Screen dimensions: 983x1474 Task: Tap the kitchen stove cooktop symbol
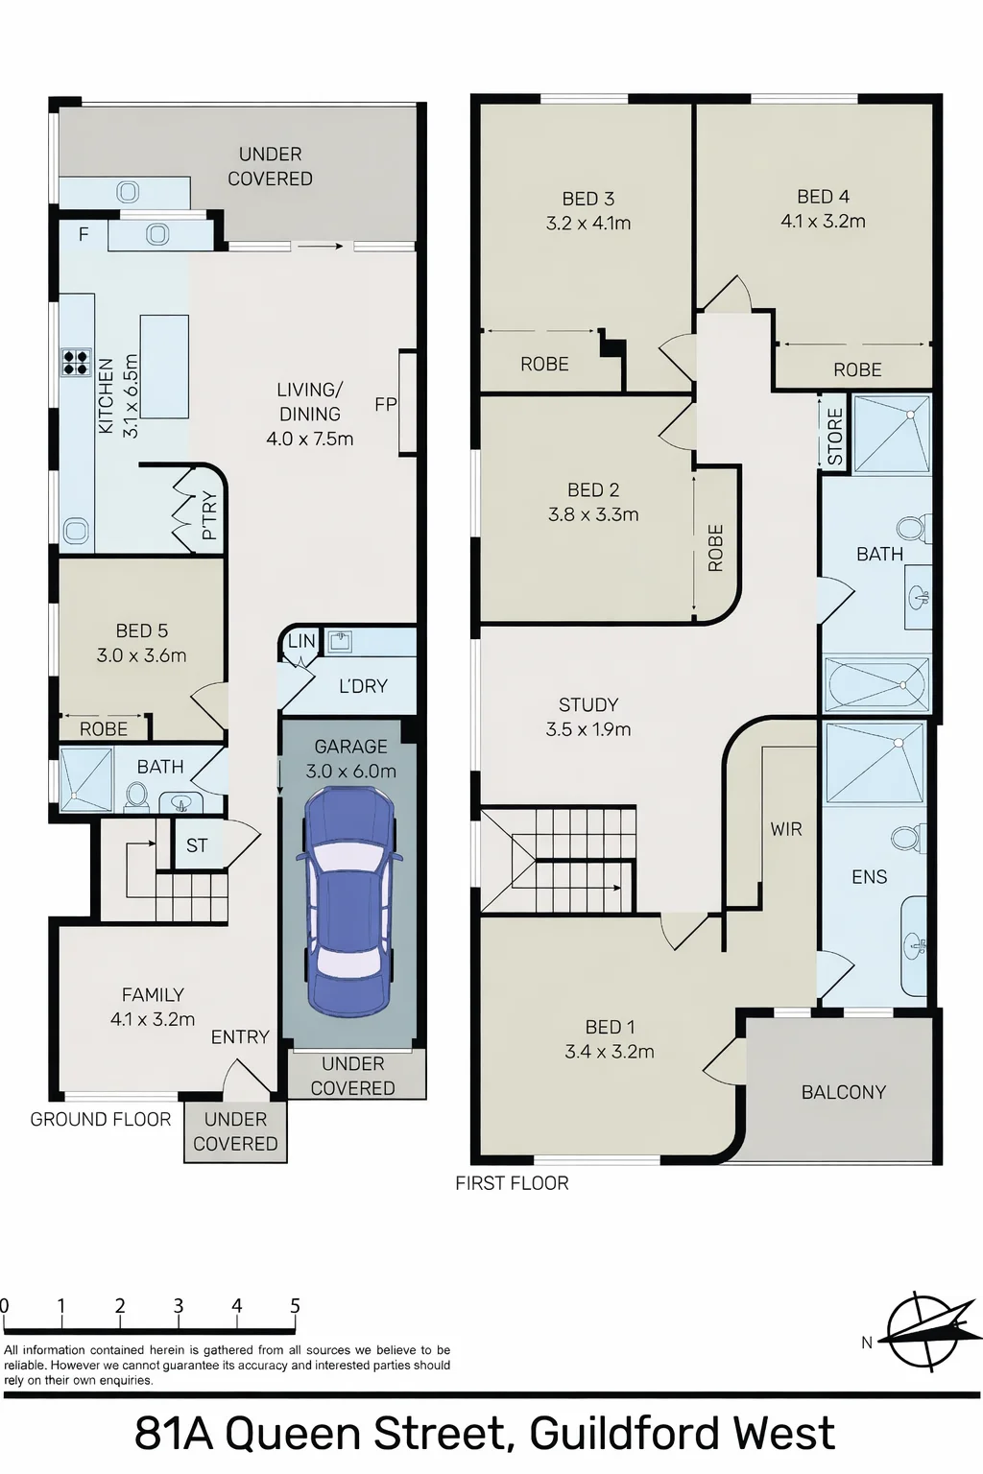click(77, 363)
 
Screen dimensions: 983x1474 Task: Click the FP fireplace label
click(386, 403)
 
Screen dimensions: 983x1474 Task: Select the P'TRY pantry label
click(209, 516)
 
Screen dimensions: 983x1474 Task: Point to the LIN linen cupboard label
click(302, 641)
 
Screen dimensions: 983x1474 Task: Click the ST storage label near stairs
click(197, 845)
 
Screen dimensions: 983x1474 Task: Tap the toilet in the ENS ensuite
click(907, 839)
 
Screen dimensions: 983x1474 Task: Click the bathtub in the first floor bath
click(877, 684)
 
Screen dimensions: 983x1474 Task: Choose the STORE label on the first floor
click(835, 437)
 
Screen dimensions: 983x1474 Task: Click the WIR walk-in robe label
click(786, 829)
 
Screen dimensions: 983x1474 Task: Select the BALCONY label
click(844, 1092)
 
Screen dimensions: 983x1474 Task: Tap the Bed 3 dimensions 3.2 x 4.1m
click(588, 223)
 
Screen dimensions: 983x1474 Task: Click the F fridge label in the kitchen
click(84, 234)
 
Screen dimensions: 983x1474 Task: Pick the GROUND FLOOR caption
click(101, 1119)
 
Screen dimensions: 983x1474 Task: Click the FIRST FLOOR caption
click(513, 1183)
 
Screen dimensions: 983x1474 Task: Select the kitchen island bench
click(164, 367)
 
